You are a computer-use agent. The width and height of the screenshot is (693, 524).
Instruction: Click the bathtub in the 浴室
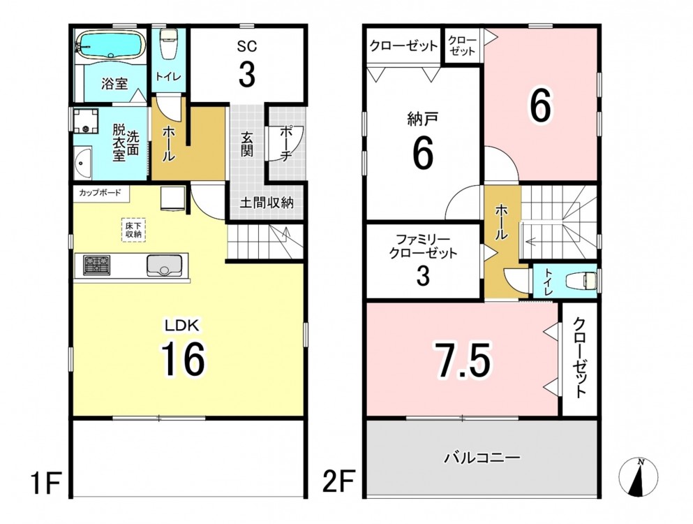pyautogui.click(x=112, y=44)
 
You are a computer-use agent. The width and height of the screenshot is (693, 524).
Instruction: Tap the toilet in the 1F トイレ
pyautogui.click(x=168, y=44)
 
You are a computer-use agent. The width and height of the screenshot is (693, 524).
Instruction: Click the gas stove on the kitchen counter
pyautogui.click(x=96, y=265)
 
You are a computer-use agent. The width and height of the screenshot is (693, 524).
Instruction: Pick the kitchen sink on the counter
pyautogui.click(x=164, y=265)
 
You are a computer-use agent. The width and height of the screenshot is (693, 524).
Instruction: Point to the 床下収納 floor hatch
pyautogui.click(x=133, y=230)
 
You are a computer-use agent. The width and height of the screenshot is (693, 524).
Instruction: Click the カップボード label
pyautogui.click(x=100, y=193)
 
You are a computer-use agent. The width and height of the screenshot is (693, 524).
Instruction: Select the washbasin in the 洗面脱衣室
pyautogui.click(x=82, y=163)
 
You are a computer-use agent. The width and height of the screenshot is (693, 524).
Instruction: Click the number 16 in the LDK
pyautogui.click(x=183, y=359)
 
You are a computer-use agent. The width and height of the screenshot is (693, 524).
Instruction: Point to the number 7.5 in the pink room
pyautogui.click(x=463, y=361)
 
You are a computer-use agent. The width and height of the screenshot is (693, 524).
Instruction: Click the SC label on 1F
pyautogui.click(x=246, y=46)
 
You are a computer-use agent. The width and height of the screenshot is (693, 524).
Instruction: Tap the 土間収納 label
pyautogui.click(x=267, y=203)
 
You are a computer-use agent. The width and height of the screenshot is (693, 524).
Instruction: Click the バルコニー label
pyautogui.click(x=482, y=458)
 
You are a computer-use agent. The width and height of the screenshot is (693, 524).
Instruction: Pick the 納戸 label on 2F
pyautogui.click(x=422, y=119)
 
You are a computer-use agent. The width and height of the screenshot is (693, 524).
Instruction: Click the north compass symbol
pyautogui.click(x=638, y=477)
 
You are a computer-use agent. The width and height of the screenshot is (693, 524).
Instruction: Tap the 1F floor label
pyautogui.click(x=45, y=483)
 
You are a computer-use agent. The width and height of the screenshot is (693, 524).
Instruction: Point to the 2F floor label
pyautogui.click(x=338, y=482)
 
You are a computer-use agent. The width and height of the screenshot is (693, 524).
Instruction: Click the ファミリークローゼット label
pyautogui.click(x=423, y=247)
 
